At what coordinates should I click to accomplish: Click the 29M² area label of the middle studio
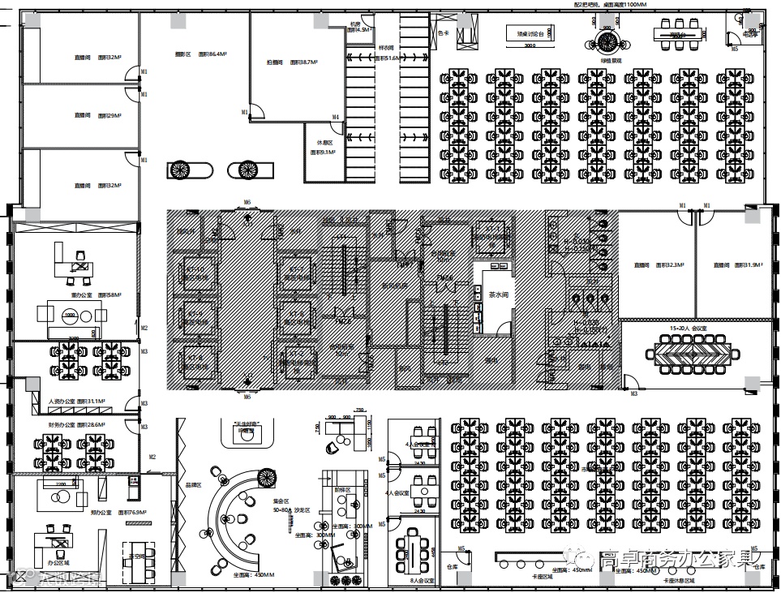point(109,116)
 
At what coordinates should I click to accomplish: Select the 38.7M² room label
point(303,62)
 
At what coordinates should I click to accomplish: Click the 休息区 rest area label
point(314,141)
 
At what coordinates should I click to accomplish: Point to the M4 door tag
point(335,118)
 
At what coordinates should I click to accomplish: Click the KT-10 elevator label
point(195,269)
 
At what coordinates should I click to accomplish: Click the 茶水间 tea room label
point(498,295)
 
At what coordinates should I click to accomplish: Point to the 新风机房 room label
point(394,286)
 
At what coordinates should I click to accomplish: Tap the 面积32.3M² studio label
point(670,265)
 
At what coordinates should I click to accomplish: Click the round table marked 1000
point(71,314)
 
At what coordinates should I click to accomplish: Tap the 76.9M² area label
point(131,513)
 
